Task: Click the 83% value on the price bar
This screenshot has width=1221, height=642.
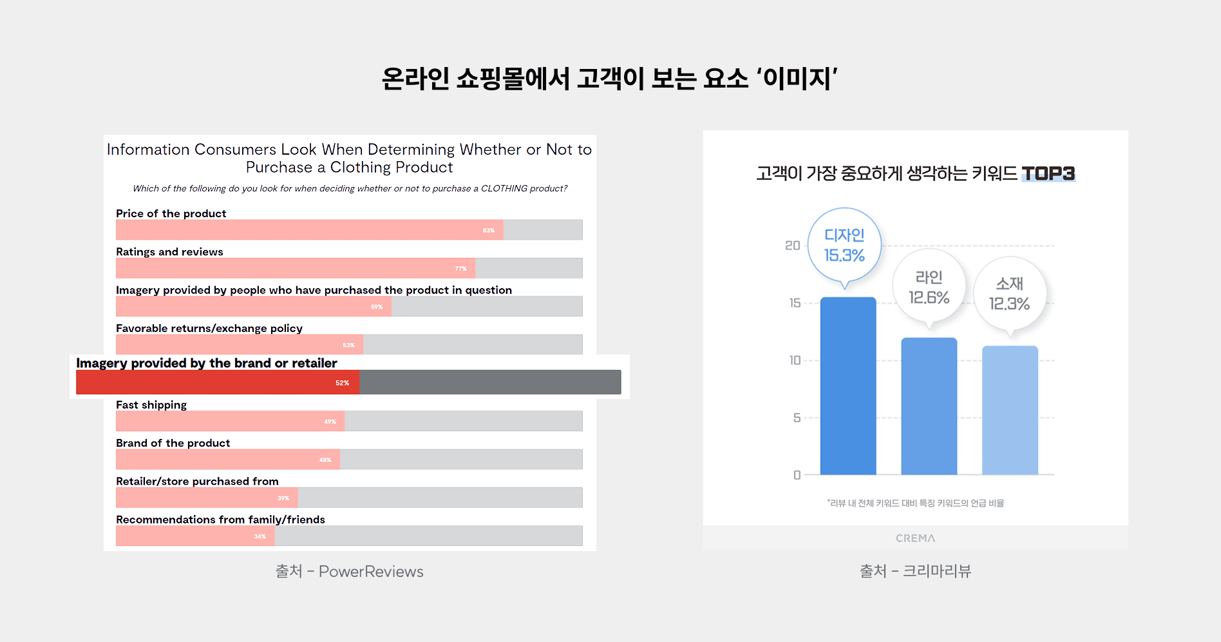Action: [x=489, y=230]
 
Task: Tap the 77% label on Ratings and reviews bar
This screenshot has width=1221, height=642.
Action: [x=460, y=269]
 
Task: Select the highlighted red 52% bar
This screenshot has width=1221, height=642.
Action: [x=218, y=382]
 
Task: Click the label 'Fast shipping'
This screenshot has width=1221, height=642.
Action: [x=151, y=405]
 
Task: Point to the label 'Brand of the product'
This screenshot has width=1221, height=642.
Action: [x=173, y=443]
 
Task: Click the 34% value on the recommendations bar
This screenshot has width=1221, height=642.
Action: [x=260, y=536]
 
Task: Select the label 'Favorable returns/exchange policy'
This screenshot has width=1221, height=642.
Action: [x=209, y=328]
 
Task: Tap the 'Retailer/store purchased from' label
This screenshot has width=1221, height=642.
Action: [x=197, y=481]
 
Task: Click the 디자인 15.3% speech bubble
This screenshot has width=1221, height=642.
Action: [x=844, y=246]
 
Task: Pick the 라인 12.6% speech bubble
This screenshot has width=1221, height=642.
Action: [x=929, y=287]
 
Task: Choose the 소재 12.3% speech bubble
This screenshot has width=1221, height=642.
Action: [x=1009, y=294]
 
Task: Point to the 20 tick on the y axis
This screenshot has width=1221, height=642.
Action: [x=792, y=246]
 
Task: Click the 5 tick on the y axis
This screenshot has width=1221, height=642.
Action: [x=797, y=418]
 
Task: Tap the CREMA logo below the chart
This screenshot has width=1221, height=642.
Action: [x=915, y=538]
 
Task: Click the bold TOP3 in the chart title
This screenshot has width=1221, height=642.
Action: [x=1048, y=173]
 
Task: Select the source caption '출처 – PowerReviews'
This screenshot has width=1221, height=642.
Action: [x=349, y=572]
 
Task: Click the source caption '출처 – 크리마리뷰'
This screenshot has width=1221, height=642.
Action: [x=915, y=571]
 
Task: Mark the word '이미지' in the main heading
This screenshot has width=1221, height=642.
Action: [x=797, y=79]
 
